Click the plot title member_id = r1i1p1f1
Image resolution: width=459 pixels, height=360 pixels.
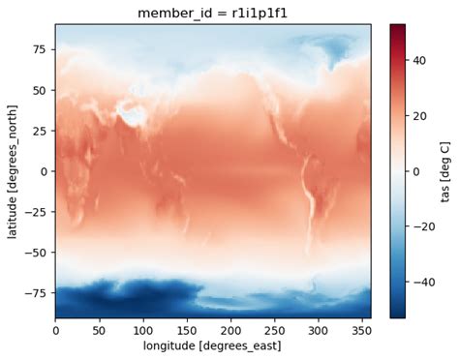(212, 12)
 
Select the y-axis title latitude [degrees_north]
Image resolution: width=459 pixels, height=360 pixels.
(12, 171)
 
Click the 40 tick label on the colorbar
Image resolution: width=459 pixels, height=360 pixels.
(419, 60)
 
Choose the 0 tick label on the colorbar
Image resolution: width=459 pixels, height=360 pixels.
(416, 171)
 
